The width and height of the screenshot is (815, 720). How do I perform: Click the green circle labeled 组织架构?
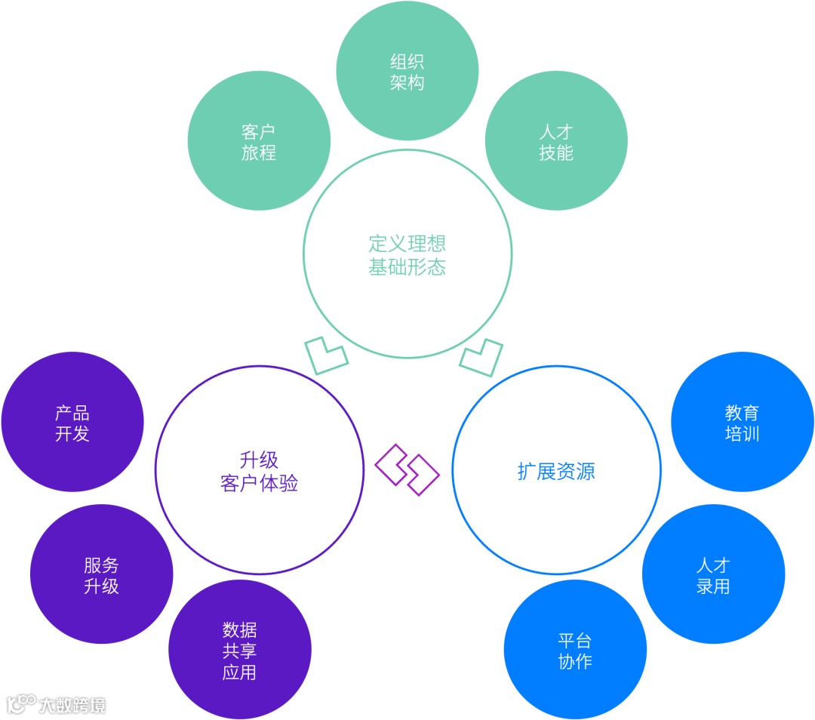pos(407,71)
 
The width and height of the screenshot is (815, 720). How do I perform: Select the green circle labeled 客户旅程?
pos(259,141)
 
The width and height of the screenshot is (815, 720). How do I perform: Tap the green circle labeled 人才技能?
pos(556,141)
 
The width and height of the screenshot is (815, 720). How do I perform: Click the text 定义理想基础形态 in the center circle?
pos(407,255)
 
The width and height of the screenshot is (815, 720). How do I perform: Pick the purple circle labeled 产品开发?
pos(72,423)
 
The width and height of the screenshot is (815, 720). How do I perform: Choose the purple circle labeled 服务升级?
pos(101,575)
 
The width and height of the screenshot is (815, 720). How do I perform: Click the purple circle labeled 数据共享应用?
pos(239,651)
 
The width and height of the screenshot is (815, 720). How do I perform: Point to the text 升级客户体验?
pos(259,472)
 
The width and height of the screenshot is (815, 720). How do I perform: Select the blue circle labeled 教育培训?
pos(742,423)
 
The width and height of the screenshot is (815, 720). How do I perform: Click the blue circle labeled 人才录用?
pos(713,575)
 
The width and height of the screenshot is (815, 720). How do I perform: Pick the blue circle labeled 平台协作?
pos(575,651)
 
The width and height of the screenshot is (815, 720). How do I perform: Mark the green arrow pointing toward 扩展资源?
pos(481,357)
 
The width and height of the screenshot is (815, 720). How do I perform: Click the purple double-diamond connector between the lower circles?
pos(407,469)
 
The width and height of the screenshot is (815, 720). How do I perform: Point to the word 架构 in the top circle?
pos(407,82)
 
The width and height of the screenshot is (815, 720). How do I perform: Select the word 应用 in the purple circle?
pos(239,672)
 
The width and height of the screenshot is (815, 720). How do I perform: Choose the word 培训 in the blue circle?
pos(742,434)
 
